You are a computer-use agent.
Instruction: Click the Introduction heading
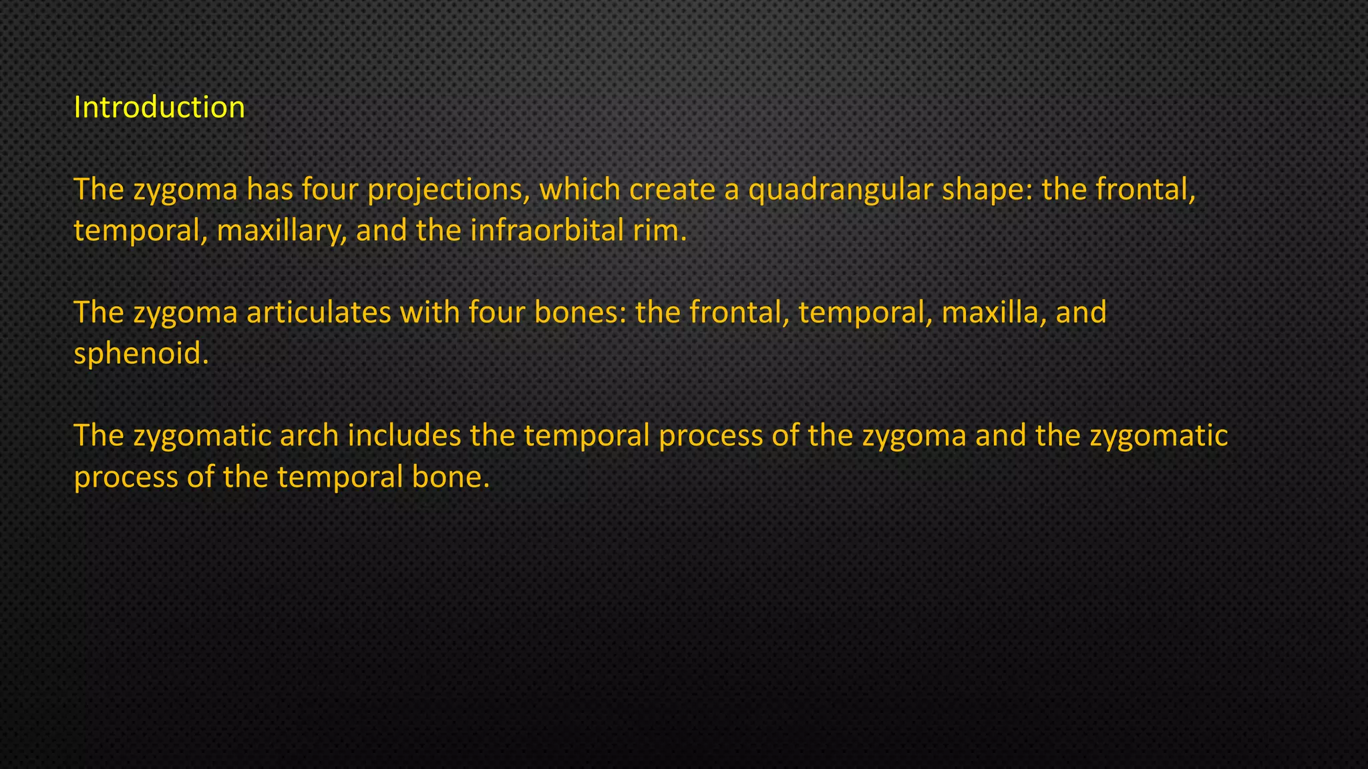pyautogui.click(x=159, y=107)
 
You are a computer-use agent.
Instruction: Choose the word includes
pyautogui.click(x=404, y=436)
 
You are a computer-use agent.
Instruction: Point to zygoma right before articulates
pyautogui.click(x=185, y=312)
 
